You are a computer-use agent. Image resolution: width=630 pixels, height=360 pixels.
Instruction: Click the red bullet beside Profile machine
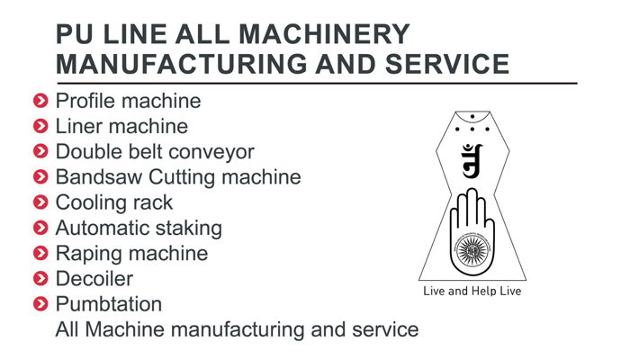point(40,101)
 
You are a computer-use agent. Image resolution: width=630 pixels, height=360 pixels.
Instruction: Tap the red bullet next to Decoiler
point(40,278)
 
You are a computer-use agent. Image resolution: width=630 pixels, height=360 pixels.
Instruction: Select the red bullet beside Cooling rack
point(40,202)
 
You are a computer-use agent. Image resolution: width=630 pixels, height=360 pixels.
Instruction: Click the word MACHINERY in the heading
point(324,34)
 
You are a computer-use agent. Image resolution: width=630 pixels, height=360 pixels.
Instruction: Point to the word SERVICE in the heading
point(447,64)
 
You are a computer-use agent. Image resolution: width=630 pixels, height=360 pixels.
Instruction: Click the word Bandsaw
point(99,176)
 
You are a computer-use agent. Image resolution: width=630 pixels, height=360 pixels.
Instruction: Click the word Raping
point(89,255)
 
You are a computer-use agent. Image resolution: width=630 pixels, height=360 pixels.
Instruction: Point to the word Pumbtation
point(109,304)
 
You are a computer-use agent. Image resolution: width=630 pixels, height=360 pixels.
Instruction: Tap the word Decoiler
point(94,278)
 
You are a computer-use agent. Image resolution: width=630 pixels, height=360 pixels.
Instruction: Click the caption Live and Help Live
point(472,291)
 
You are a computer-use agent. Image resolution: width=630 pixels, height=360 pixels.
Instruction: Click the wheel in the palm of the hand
point(472,250)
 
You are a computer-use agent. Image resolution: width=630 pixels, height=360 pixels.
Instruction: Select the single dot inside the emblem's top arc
point(472,116)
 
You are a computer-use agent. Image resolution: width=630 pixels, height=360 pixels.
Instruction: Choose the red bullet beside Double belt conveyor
point(40,151)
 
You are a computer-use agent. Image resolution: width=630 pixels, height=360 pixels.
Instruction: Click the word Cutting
point(182,178)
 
